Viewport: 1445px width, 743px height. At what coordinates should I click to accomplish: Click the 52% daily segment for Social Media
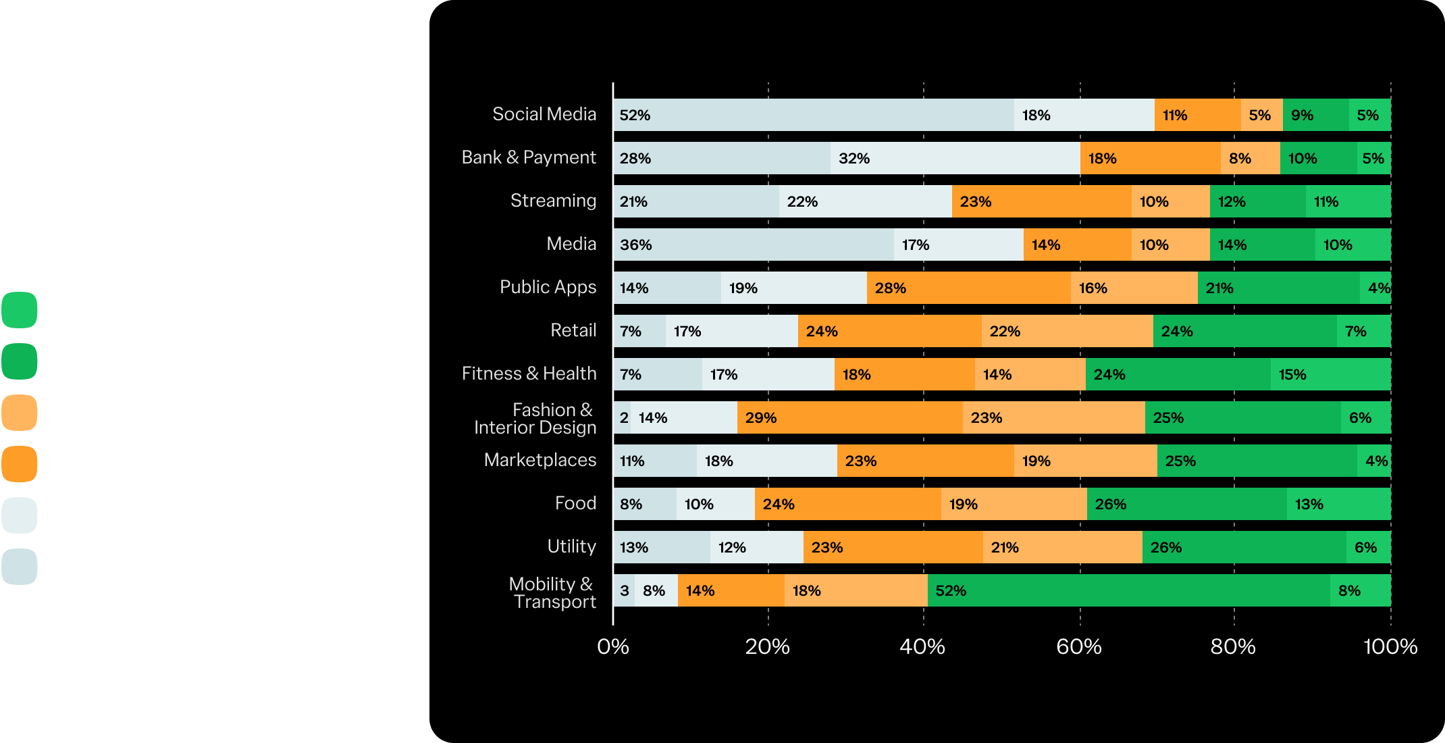[814, 115]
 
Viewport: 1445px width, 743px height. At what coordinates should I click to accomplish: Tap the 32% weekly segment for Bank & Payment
[955, 158]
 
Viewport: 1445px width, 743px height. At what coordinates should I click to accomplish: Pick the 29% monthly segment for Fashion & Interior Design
[849, 417]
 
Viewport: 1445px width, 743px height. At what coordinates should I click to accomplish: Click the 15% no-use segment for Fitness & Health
[1330, 374]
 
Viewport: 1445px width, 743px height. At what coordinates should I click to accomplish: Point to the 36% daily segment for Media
[754, 245]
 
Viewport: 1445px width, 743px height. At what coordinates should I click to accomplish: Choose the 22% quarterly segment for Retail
[1067, 331]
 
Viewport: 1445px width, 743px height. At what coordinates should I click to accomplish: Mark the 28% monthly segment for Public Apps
[968, 288]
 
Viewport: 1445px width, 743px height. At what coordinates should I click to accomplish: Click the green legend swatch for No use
[20, 311]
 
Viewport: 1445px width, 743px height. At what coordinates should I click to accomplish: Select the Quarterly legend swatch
[20, 413]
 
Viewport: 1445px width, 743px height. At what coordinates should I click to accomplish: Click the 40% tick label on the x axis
[922, 647]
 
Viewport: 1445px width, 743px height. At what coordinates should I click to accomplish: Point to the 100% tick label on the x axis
[1390, 647]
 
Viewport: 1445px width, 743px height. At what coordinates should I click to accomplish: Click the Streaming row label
[553, 201]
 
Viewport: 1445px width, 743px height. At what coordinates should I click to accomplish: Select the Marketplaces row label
[540, 460]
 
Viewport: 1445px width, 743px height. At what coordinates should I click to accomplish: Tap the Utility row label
[571, 546]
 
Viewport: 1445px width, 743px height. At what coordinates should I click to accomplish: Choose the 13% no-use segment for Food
[1338, 504]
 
